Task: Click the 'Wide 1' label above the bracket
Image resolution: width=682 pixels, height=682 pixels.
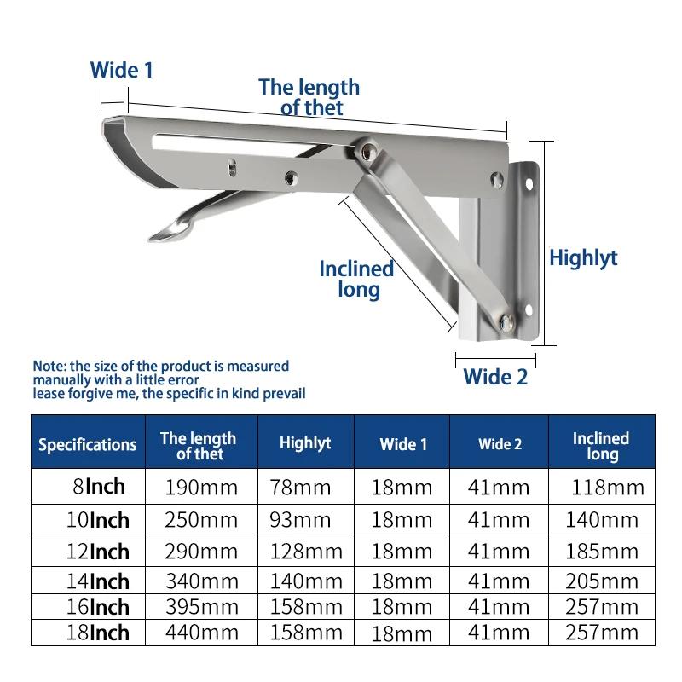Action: click(x=122, y=70)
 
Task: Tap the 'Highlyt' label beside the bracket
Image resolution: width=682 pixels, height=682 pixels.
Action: click(x=583, y=257)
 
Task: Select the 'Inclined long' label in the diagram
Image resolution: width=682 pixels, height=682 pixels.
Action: click(x=356, y=279)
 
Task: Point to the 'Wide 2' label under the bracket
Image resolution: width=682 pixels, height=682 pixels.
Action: click(x=495, y=376)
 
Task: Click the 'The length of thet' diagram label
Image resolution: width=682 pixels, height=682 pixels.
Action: click(x=309, y=96)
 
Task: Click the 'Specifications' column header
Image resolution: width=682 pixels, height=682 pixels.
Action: click(x=88, y=444)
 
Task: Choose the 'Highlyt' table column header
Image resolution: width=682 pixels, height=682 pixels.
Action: click(x=305, y=443)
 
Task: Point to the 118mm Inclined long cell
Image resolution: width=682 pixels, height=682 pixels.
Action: click(x=607, y=488)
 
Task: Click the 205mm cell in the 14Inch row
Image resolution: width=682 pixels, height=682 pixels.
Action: click(x=602, y=582)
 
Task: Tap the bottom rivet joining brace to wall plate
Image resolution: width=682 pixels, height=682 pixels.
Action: click(x=507, y=321)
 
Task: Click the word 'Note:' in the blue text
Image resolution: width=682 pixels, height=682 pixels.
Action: click(x=50, y=366)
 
